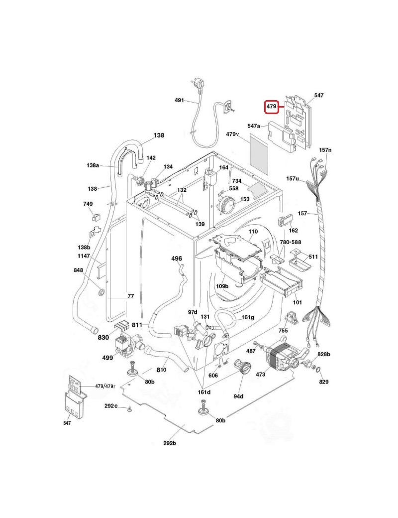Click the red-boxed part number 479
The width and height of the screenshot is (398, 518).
(271, 107)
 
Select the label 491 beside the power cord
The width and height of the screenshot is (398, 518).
(179, 100)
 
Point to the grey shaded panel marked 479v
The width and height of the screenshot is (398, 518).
(259, 154)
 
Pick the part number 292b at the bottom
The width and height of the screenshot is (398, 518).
(170, 443)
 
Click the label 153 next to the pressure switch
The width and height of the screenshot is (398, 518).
(245, 199)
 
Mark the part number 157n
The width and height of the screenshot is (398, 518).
(325, 150)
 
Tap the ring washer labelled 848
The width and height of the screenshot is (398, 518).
(100, 292)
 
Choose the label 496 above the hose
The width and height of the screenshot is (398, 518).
(177, 259)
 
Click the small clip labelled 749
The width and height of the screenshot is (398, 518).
(97, 217)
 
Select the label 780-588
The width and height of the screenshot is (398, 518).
(291, 242)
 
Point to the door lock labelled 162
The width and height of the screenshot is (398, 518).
(286, 220)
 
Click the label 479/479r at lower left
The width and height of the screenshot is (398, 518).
(105, 386)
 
